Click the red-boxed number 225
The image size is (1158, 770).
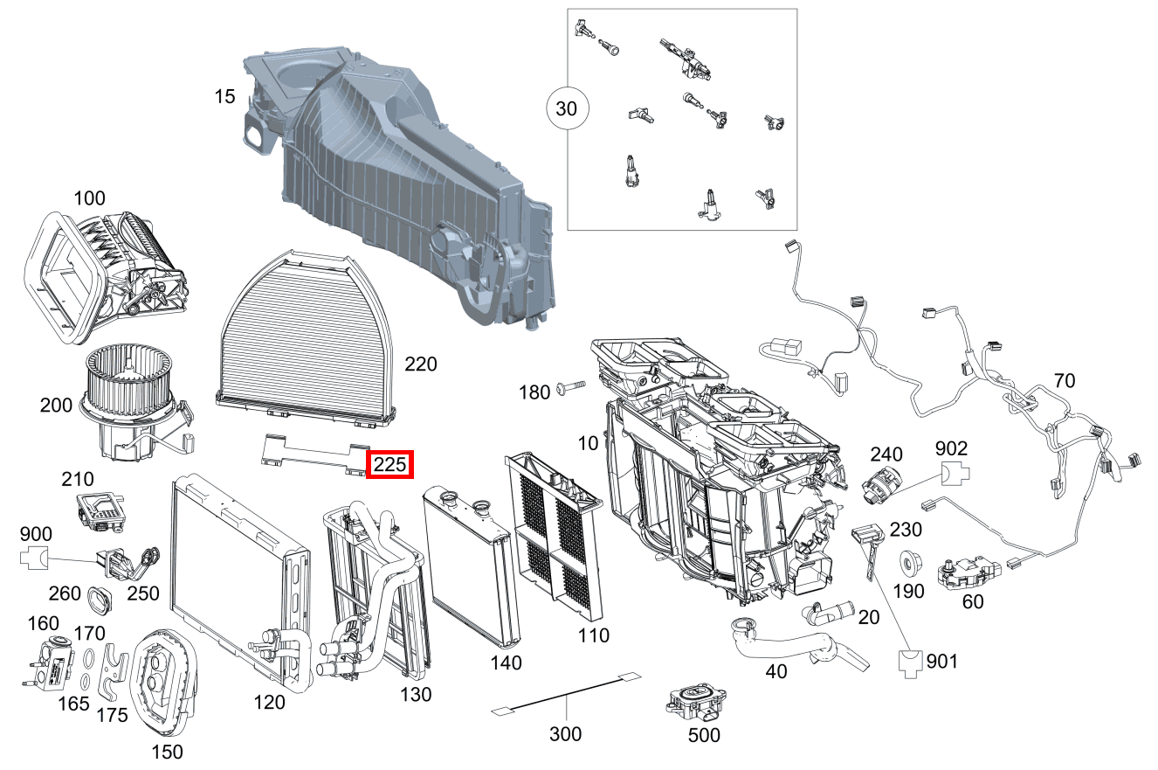(389, 465)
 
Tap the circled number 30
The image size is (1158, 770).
(568, 109)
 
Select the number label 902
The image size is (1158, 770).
(951, 448)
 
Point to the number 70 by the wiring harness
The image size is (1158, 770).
(1064, 381)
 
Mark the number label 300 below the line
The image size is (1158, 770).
(565, 733)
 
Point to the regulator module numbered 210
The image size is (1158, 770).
(100, 509)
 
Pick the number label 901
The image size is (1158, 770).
(941, 662)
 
